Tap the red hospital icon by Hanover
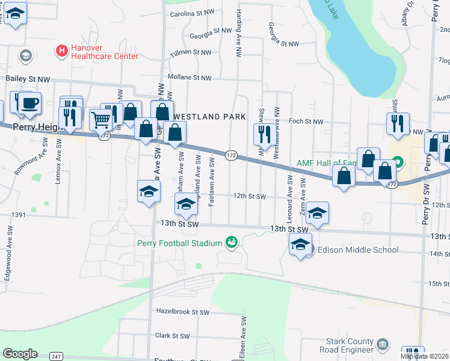(61, 52)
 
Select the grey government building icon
(382, 345)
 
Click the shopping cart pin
(101, 120)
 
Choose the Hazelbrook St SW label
(182, 312)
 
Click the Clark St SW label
(173, 336)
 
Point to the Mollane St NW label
(190, 78)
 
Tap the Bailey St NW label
(28, 79)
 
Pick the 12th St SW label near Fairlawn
(250, 196)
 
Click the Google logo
(20, 354)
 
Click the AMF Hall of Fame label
(327, 163)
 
